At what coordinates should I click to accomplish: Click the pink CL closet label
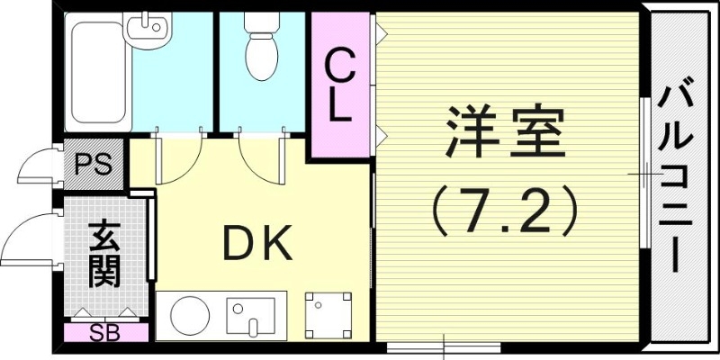tap(339, 85)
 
